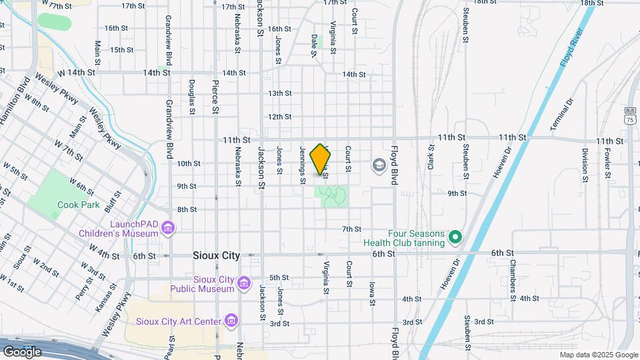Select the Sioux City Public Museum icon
pos(244,283)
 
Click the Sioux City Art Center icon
pos(231,321)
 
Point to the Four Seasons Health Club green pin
pos(455,237)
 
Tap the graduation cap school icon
pos(379,165)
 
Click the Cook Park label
pos(79,205)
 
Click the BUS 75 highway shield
pos(630,115)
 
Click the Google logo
pos(22,351)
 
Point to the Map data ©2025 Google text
pos(598,355)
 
